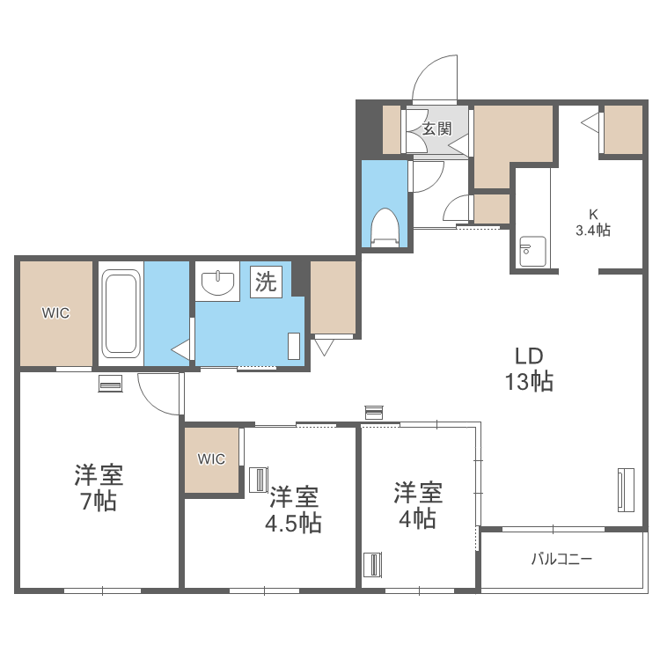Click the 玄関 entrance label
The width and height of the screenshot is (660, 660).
click(x=437, y=128)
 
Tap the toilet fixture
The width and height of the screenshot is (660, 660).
click(x=385, y=227)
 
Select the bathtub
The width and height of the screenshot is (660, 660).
click(x=121, y=313)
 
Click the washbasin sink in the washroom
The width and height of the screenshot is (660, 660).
click(x=217, y=282)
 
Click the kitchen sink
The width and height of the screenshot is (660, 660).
click(x=532, y=252)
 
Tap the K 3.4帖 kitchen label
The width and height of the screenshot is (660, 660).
click(x=592, y=223)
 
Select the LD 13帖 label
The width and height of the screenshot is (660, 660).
click(x=529, y=369)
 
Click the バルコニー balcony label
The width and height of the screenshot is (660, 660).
click(x=561, y=559)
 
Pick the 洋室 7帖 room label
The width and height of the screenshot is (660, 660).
click(x=99, y=487)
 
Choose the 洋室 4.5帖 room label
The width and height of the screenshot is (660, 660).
click(x=293, y=510)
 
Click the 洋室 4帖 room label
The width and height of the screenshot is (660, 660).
click(x=417, y=505)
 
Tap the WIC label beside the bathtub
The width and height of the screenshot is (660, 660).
click(x=55, y=312)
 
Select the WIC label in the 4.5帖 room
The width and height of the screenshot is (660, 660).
click(x=211, y=458)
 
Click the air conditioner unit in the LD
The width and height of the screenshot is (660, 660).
click(x=626, y=489)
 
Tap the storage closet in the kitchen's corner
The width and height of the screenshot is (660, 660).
click(x=623, y=129)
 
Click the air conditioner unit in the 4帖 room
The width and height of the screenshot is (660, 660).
click(x=373, y=564)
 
